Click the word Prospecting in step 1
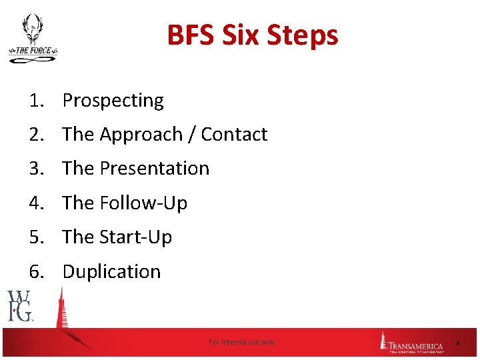tap(113, 101)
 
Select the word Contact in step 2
tap(234, 135)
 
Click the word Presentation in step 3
tap(154, 169)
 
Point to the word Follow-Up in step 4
tap(143, 203)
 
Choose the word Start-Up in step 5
tap(135, 237)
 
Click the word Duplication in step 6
tap(111, 272)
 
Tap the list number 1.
tap(35, 101)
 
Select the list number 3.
tap(35, 169)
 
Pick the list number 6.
tap(35, 272)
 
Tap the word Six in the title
tap(247, 35)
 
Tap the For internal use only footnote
tap(241, 342)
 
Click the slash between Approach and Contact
tap(192, 135)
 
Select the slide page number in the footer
tap(457, 343)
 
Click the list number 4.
tap(35, 203)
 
